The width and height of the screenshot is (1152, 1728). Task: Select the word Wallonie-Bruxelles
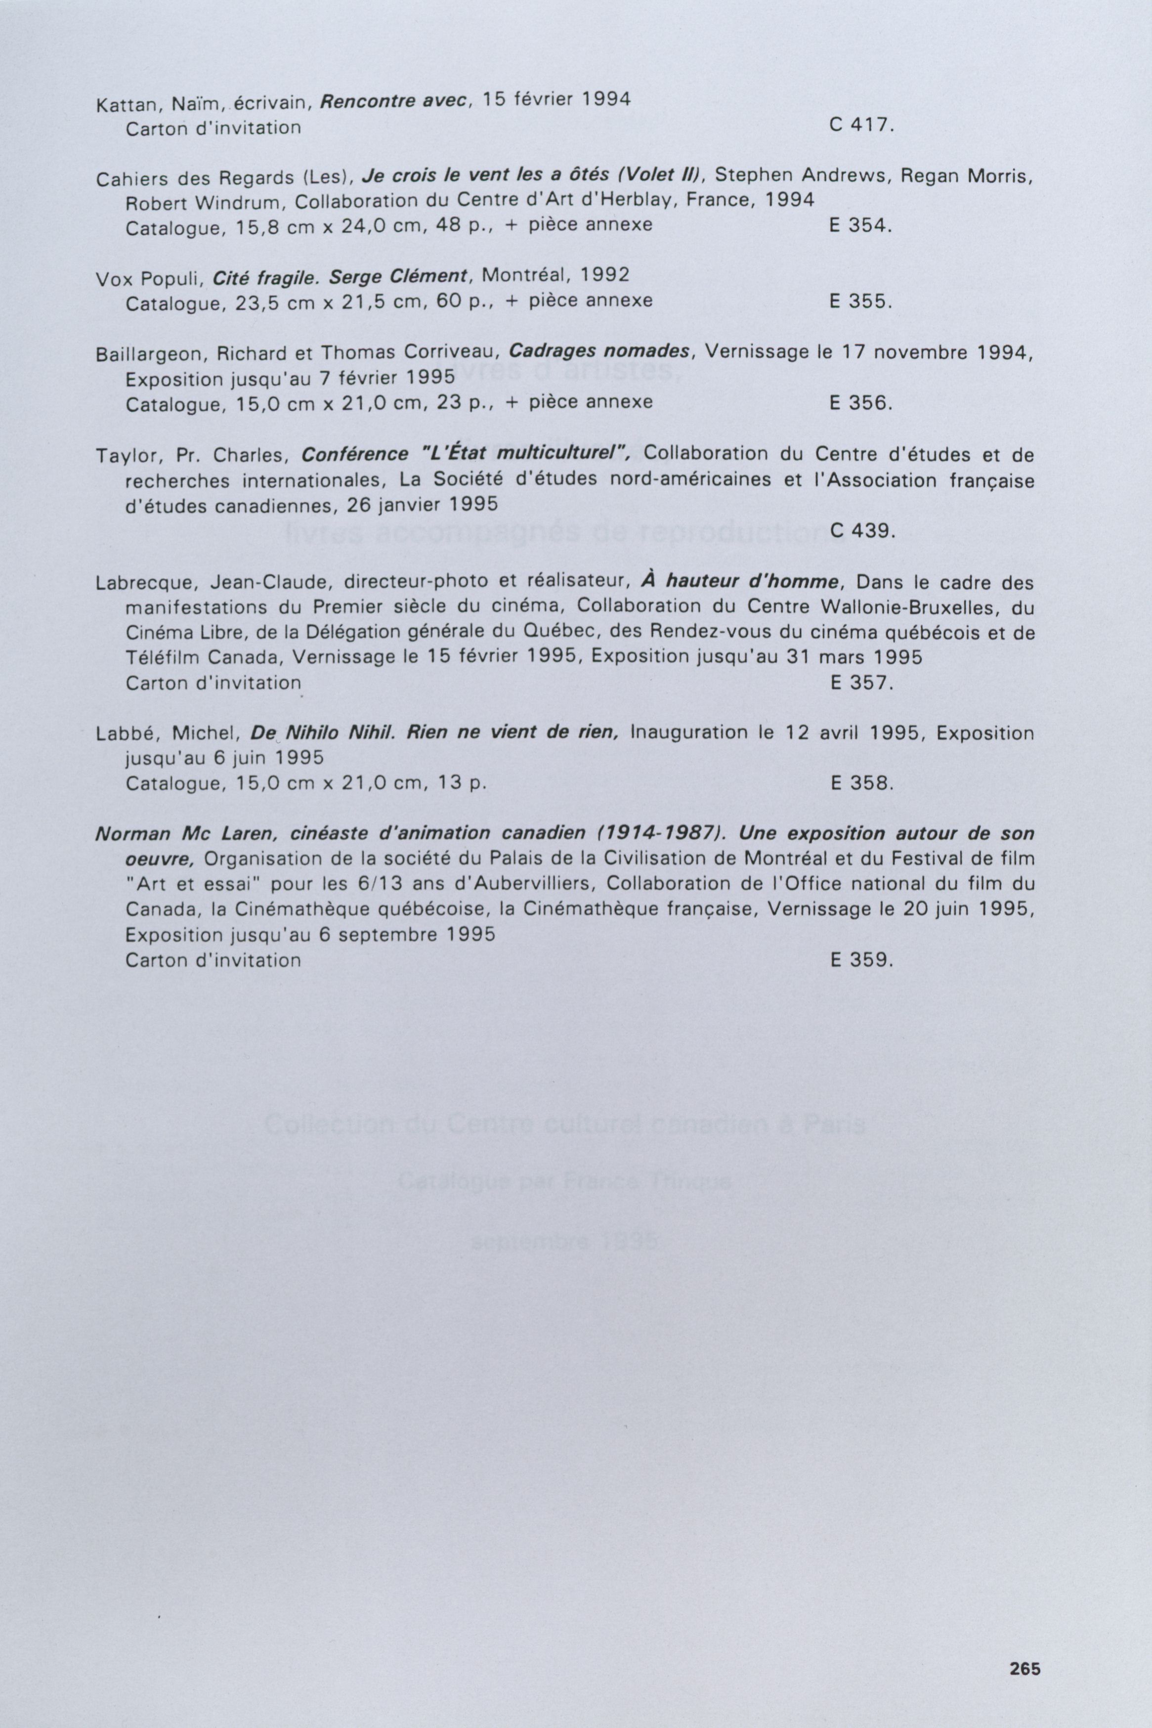(894, 607)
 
